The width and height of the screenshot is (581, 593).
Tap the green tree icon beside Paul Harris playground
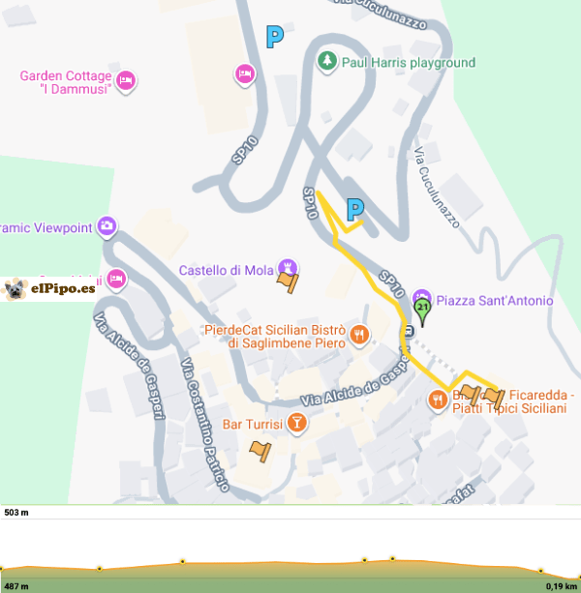327,63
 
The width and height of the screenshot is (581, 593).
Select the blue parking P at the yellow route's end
355,209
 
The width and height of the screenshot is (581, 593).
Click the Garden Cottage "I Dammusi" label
67,82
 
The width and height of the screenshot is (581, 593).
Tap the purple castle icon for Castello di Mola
287,267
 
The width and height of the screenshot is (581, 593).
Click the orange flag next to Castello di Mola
288,282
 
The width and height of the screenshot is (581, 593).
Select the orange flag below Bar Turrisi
260,450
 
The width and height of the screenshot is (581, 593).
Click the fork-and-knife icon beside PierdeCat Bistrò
360,336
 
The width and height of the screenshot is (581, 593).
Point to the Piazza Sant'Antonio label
494,300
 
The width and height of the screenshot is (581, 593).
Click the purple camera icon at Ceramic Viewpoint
107,228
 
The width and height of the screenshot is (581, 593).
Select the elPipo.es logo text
62,287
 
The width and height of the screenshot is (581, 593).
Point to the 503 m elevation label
16,512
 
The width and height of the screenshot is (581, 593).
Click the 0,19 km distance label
561,585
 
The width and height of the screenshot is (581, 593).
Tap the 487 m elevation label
16,585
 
